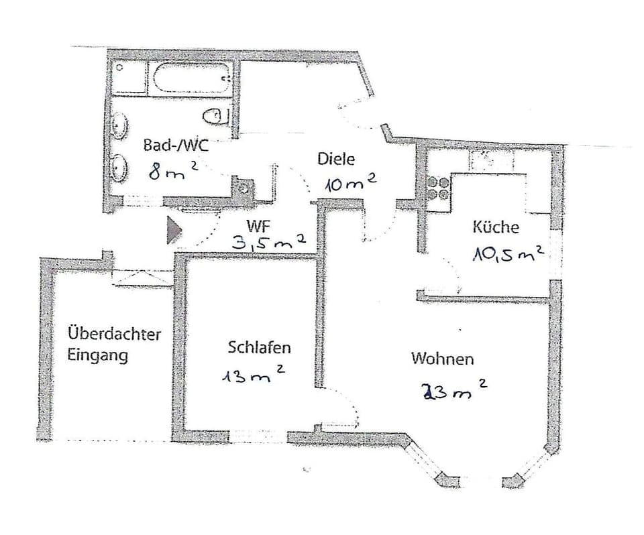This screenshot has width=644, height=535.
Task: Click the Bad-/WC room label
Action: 176,145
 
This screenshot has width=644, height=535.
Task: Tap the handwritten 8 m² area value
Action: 172,172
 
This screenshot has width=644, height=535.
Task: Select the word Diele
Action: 335,160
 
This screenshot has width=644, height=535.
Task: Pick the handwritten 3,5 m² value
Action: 268,242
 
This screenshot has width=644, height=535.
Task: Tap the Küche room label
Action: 496,227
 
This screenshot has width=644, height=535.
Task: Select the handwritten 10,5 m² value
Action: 506,253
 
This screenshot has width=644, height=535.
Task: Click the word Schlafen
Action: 259,347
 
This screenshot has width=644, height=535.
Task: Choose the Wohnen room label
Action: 442,359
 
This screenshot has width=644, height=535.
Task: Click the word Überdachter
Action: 114,333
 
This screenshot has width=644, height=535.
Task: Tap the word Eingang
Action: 97,355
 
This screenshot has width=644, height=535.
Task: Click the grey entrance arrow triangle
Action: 174,230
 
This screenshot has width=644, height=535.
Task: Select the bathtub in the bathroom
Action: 192,79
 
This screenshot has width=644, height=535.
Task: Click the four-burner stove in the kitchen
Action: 438,188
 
